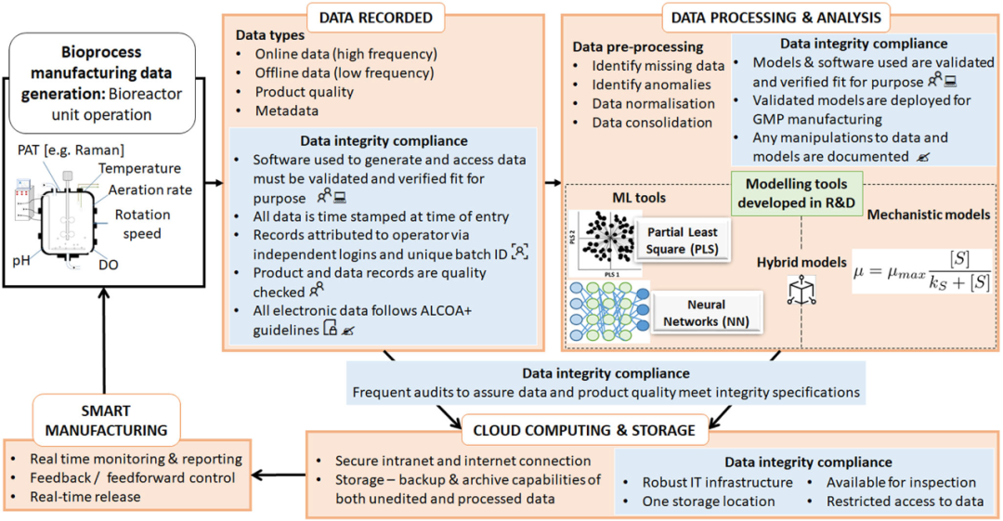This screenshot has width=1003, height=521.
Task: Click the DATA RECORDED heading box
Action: [x=375, y=18]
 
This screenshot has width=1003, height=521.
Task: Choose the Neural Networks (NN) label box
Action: [x=707, y=311]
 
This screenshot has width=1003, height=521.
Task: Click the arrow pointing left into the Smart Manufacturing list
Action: [x=276, y=477]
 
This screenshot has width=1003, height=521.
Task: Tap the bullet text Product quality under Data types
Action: [x=305, y=91]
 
